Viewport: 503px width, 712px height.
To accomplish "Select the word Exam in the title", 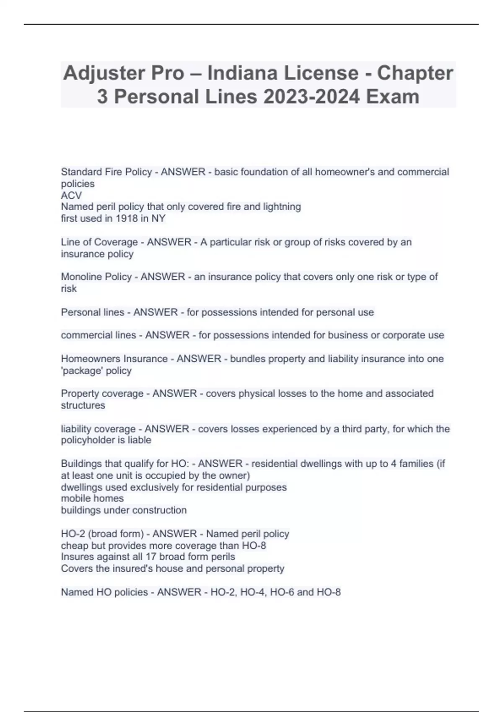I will click(393, 97).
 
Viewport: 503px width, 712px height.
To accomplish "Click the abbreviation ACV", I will click(71, 195).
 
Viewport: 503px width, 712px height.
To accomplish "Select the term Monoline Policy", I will click(96, 277).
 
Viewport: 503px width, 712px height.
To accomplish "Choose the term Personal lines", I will click(93, 312).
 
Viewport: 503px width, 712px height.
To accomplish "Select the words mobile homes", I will click(92, 498).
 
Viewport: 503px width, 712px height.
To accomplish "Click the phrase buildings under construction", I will click(124, 510).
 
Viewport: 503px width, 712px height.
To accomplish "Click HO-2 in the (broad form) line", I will click(73, 534).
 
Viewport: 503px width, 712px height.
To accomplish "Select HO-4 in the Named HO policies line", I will click(252, 592).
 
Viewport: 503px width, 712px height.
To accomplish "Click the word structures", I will click(83, 405).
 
